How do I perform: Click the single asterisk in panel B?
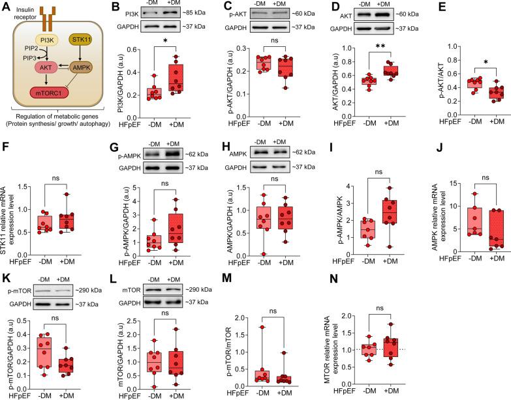pos(170,50)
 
